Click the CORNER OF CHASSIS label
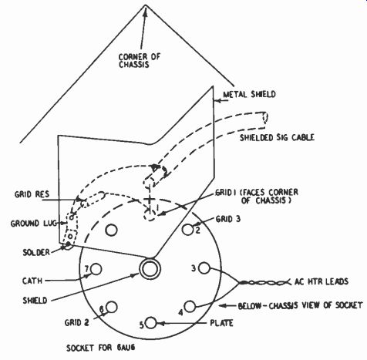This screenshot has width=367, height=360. (x=140, y=60)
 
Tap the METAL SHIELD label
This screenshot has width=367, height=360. (x=249, y=94)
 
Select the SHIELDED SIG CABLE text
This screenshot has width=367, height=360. (x=277, y=137)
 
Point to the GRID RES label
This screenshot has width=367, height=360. (x=32, y=194)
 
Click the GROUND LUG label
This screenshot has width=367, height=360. (x=33, y=224)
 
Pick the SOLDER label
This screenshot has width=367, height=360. (x=36, y=252)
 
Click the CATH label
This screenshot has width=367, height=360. (x=32, y=281)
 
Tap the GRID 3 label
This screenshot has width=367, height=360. (x=228, y=219)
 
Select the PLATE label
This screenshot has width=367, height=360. (x=221, y=323)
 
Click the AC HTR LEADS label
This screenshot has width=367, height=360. (x=322, y=281)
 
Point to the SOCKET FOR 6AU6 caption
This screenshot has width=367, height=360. (x=101, y=348)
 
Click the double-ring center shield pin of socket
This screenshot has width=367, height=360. (x=150, y=269)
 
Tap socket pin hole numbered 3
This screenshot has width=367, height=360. (x=204, y=268)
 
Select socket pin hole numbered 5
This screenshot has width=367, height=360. (x=151, y=323)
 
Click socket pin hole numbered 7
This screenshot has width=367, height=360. (x=96, y=269)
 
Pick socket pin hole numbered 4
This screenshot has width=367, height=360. (x=190, y=306)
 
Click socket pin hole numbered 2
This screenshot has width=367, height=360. (x=187, y=230)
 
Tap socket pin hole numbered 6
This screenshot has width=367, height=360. (x=112, y=307)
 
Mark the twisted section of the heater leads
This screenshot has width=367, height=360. (x=264, y=283)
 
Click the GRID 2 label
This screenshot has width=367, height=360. (x=76, y=322)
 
